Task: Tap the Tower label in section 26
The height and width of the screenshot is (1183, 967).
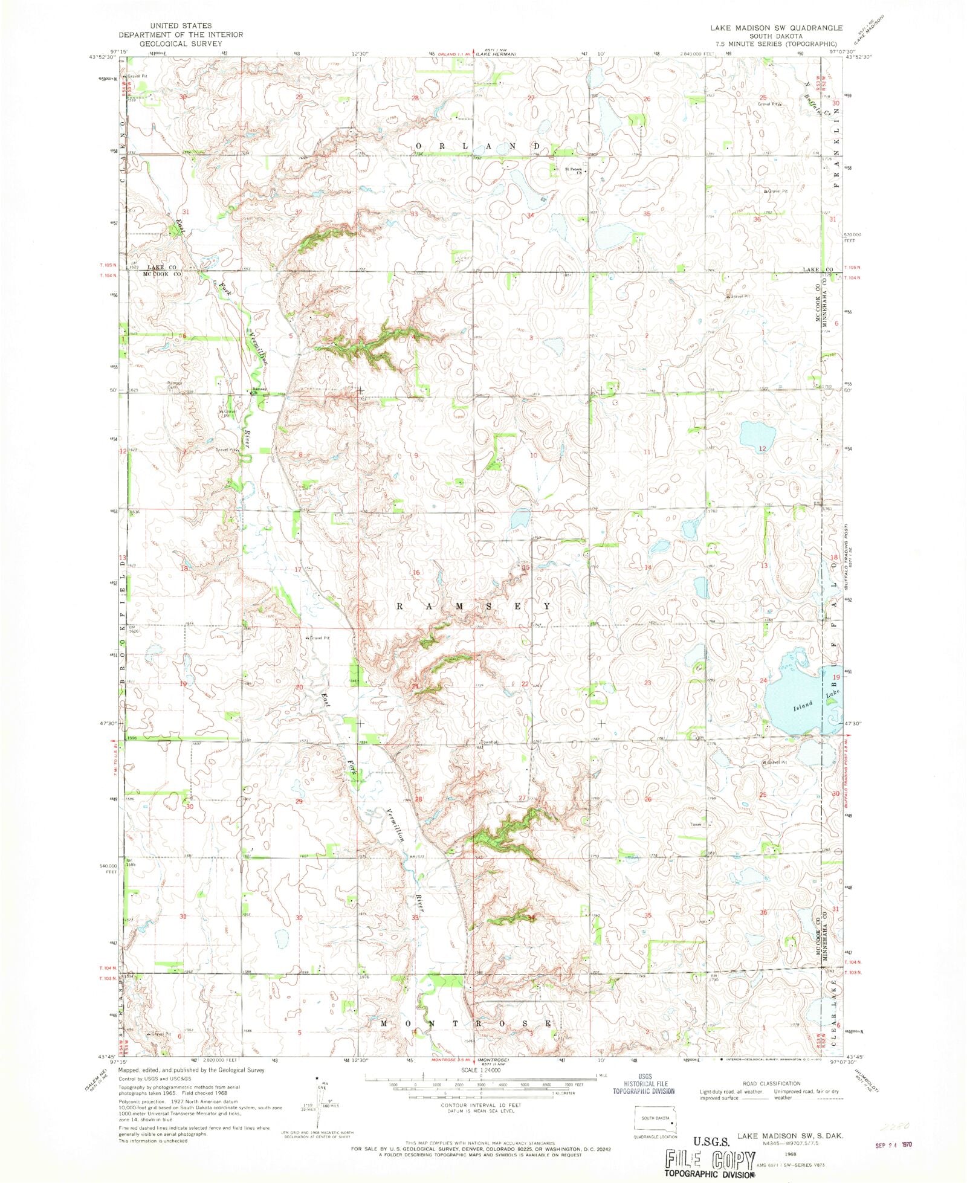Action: tap(696, 824)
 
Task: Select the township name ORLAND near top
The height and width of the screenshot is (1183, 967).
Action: tap(477, 146)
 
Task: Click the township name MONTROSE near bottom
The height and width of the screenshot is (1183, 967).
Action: tap(466, 1023)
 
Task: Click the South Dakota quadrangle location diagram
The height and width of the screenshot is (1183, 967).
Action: tap(655, 1120)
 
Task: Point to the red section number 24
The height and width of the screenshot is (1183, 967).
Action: tap(763, 680)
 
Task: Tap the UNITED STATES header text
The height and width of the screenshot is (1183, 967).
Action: tap(181, 25)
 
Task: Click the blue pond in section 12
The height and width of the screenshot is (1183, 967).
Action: tap(758, 433)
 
